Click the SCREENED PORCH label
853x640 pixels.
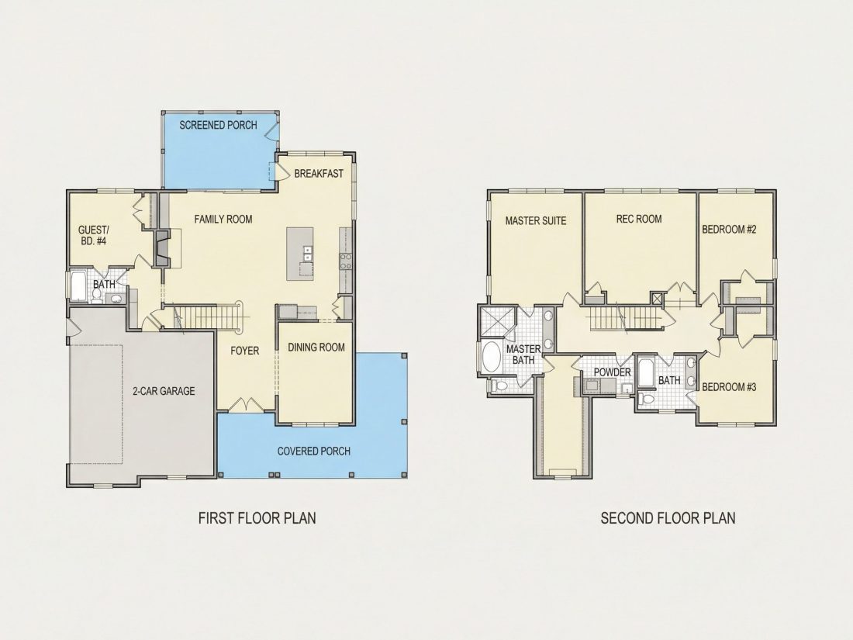(x=218, y=125)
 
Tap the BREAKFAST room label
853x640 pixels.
(x=319, y=174)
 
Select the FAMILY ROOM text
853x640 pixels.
(x=223, y=220)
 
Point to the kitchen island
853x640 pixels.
(x=300, y=254)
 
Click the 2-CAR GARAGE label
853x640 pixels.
(x=164, y=391)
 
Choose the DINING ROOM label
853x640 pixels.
(x=316, y=348)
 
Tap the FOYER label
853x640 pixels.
(x=245, y=351)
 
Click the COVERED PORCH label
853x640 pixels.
(x=314, y=451)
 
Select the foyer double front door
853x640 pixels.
(x=247, y=406)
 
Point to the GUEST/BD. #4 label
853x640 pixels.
(x=94, y=235)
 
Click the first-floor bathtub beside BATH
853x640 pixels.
(x=78, y=285)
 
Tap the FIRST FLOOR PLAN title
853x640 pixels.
(x=257, y=517)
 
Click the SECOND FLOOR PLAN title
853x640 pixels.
(x=668, y=517)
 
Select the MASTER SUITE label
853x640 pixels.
(x=536, y=221)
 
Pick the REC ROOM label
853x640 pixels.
(x=639, y=219)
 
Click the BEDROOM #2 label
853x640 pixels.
(x=729, y=230)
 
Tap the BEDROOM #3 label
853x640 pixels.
(x=729, y=387)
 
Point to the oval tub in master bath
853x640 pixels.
(x=492, y=357)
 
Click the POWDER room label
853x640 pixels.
(x=612, y=372)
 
